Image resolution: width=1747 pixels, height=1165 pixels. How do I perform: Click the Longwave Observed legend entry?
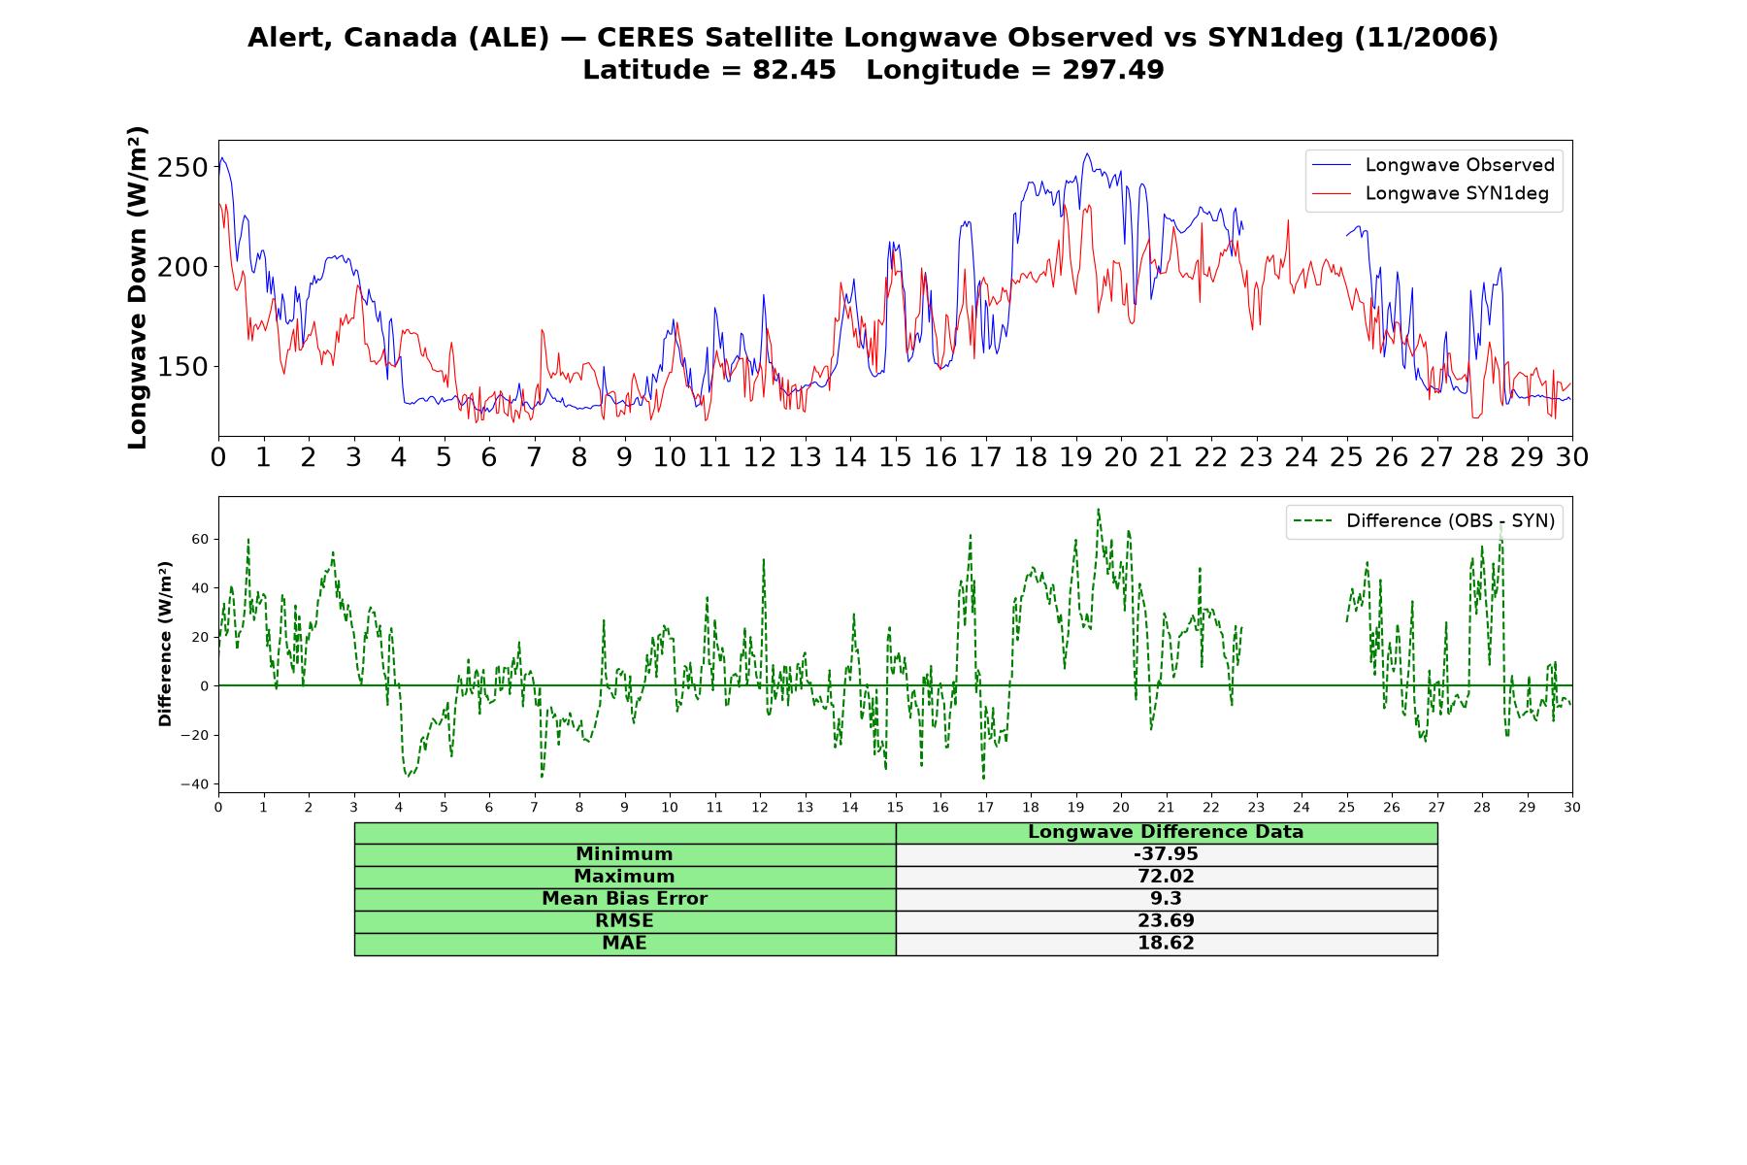[x=1433, y=165]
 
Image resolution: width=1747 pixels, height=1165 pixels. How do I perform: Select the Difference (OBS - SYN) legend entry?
[x=1424, y=521]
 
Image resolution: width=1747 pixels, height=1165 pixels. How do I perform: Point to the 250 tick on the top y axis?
[x=183, y=167]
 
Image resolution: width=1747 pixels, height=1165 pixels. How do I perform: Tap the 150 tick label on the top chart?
[x=183, y=367]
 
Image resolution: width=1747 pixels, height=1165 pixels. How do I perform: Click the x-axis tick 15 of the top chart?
[x=895, y=457]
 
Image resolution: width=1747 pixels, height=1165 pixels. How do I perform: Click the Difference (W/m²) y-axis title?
[x=165, y=644]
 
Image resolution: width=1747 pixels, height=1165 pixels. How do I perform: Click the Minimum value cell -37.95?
[x=1166, y=854]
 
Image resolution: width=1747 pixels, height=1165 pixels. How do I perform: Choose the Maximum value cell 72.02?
[x=1166, y=877]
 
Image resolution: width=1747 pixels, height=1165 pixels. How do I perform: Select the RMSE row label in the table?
[x=625, y=921]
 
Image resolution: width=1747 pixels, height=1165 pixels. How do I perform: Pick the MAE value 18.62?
[x=1166, y=944]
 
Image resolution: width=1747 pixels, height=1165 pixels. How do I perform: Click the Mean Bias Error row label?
[x=625, y=899]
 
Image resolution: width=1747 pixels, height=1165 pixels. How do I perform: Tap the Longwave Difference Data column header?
[x=1166, y=832]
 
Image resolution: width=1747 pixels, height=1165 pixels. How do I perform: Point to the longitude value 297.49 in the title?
[x=1112, y=70]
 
